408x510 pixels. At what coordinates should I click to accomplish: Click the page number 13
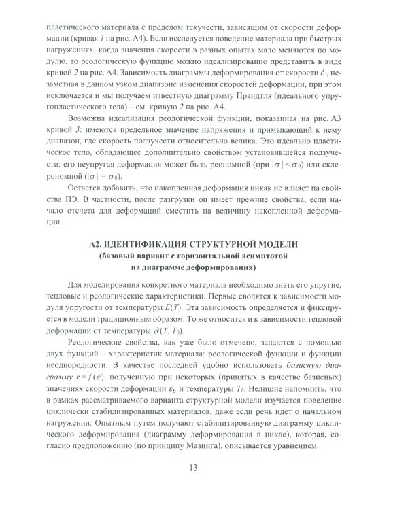click(204, 486)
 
